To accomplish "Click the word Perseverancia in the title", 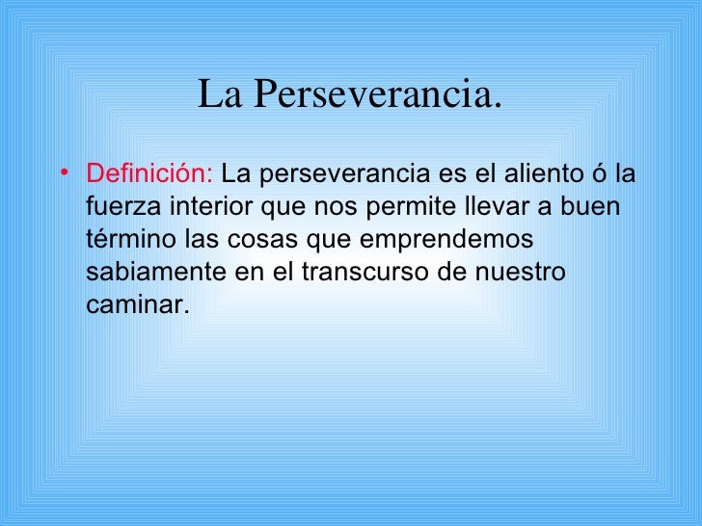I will (x=380, y=95).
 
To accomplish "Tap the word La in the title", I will (x=218, y=95).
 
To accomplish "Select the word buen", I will (x=596, y=209).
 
